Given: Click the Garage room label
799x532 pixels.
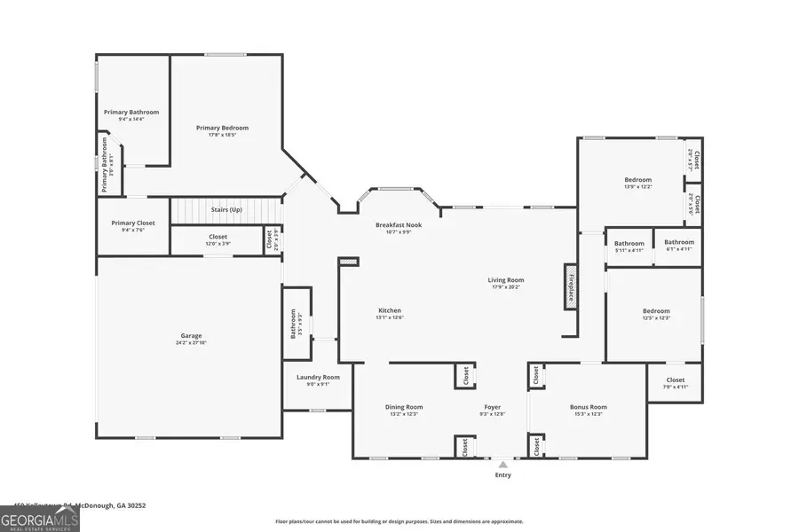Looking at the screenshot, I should (191, 336).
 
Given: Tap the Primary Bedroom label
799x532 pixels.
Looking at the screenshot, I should (222, 128).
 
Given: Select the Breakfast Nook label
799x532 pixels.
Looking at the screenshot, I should (398, 225).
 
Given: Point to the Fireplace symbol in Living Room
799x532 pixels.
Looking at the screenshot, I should (569, 286).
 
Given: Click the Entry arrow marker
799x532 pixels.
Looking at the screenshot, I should (502, 464).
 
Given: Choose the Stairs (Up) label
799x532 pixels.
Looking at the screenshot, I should (226, 209).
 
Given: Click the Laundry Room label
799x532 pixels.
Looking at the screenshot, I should (318, 377).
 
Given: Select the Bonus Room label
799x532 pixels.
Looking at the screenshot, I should (588, 407).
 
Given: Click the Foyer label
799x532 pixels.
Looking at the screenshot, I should (492, 407).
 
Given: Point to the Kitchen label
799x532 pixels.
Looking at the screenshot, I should (389, 310).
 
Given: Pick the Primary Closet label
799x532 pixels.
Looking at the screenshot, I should (133, 223).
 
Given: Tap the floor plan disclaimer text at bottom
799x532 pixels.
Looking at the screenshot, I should (399, 522).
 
